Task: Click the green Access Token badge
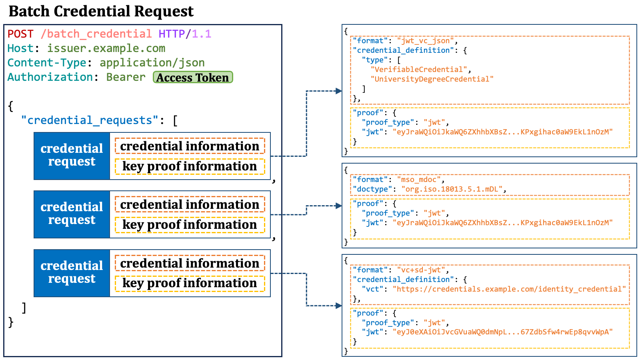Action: click(193, 77)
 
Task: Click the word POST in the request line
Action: click(20, 34)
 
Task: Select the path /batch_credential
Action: click(96, 34)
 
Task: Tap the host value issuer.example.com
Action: click(106, 48)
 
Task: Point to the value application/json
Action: click(152, 63)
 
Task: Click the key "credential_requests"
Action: click(90, 120)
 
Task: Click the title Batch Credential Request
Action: click(101, 12)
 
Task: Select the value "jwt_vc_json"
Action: click(426, 41)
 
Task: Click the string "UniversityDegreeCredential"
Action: click(432, 79)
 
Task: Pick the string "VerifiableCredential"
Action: click(419, 70)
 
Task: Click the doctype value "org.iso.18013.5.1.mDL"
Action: click(452, 189)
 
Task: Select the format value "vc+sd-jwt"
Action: click(421, 270)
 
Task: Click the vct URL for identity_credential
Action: click(509, 289)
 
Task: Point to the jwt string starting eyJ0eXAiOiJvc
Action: click(502, 332)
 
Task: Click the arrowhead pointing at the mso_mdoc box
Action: click(339, 206)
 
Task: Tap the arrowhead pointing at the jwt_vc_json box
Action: click(339, 91)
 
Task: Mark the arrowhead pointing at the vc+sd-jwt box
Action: click(339, 306)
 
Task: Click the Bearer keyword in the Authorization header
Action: click(126, 77)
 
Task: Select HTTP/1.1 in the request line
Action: click(185, 34)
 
